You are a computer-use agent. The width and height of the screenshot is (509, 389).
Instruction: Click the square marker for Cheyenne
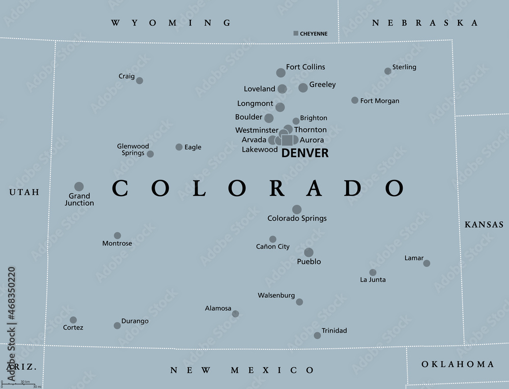tap(296, 34)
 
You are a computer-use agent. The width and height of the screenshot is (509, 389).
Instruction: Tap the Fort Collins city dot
tap(281, 73)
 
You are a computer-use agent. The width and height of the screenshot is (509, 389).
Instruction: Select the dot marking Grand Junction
tap(79, 187)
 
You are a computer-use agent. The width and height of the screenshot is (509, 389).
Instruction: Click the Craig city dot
tap(139, 80)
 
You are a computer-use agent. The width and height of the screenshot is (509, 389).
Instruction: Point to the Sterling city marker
tap(388, 71)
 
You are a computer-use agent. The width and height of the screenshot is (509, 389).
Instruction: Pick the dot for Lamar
tap(427, 263)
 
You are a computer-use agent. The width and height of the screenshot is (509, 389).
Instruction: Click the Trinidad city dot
tap(317, 335)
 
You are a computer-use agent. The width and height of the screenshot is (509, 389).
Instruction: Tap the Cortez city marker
tap(73, 320)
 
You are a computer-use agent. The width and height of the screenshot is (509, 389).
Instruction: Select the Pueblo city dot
tap(308, 252)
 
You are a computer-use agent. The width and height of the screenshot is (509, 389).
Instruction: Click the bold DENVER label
tap(305, 153)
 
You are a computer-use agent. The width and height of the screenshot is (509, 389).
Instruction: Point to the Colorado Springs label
tap(297, 219)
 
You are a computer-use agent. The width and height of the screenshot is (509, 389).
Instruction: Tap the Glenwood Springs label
tap(133, 149)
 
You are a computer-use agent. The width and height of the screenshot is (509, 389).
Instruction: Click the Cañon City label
tap(273, 247)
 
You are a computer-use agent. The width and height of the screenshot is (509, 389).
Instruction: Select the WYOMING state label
tap(171, 23)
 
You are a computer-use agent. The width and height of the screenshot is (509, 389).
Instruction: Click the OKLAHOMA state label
tap(458, 364)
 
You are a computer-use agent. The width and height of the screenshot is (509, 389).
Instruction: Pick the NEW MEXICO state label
tap(242, 370)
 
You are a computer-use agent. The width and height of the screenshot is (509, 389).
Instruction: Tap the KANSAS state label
tap(484, 224)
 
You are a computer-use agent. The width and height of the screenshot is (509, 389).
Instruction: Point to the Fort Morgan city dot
tap(355, 100)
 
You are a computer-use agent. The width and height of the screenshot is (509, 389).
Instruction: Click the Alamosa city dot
tap(235, 314)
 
